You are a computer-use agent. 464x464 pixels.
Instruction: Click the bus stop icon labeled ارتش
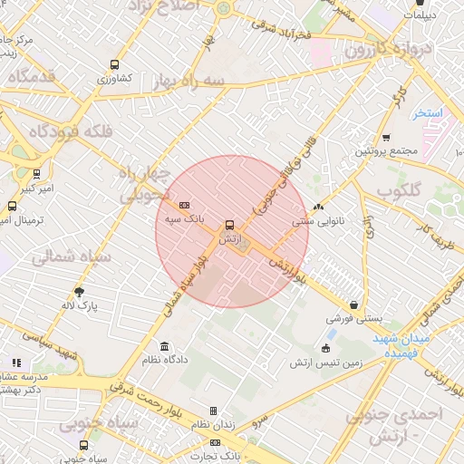click(x=228, y=224)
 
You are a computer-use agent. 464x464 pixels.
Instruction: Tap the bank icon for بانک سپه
click(x=185, y=206)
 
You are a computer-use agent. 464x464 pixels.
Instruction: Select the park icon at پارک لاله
click(x=80, y=292)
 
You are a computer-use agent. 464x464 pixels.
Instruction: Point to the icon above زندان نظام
click(x=213, y=411)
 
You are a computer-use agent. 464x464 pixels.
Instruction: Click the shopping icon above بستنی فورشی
click(x=353, y=305)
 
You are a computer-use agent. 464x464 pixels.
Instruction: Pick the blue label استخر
click(x=426, y=113)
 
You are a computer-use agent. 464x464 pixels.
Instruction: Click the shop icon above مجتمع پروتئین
click(x=386, y=138)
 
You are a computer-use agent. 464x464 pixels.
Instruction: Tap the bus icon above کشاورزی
click(x=114, y=64)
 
